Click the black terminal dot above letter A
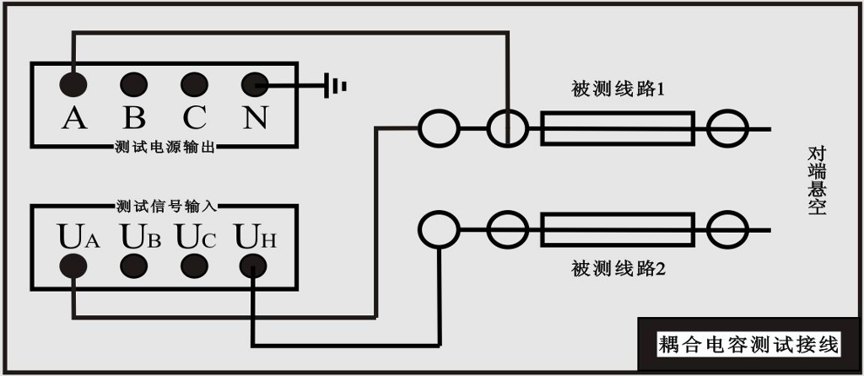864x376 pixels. (73, 85)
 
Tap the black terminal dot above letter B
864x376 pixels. (134, 85)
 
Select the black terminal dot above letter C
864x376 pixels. (195, 85)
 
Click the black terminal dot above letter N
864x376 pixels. (255, 85)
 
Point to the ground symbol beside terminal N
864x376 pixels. (334, 85)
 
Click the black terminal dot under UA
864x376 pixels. (73, 267)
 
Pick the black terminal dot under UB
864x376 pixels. (134, 267)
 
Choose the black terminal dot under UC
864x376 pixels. (195, 267)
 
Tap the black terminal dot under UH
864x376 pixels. (253, 267)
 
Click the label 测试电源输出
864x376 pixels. (165, 147)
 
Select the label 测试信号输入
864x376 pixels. (167, 206)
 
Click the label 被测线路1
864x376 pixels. (618, 89)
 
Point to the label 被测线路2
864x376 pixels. (618, 270)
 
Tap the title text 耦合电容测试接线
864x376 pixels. (749, 345)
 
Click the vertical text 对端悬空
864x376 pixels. (817, 180)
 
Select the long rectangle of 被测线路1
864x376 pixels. (617, 128)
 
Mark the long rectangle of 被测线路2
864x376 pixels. (617, 230)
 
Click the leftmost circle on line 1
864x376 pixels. (439, 128)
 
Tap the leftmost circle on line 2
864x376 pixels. (439, 230)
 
